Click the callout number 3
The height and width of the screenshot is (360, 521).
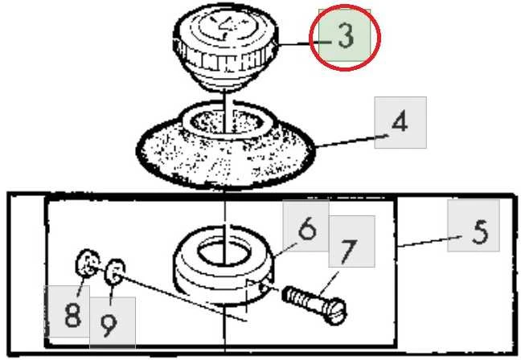pyautogui.click(x=346, y=36)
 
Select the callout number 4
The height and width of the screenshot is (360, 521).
pyautogui.click(x=400, y=121)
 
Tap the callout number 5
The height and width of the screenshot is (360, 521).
pyautogui.click(x=480, y=232)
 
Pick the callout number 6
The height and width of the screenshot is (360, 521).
pyautogui.click(x=307, y=228)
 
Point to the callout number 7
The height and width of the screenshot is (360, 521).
pyautogui.click(x=348, y=252)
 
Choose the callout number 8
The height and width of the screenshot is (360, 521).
pyautogui.click(x=73, y=315)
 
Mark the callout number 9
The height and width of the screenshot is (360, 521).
pyautogui.click(x=109, y=325)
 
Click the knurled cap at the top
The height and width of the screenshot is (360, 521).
pyautogui.click(x=225, y=47)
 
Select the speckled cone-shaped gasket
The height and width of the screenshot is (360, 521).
pyautogui.click(x=225, y=146)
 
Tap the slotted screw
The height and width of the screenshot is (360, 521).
pyautogui.click(x=314, y=305)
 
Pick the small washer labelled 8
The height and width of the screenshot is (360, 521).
pyautogui.click(x=88, y=263)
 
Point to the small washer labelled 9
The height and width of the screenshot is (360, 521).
pyautogui.click(x=115, y=272)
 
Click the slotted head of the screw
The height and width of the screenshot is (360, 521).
pyautogui.click(x=335, y=312)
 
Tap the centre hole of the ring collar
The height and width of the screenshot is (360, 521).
pyautogui.click(x=224, y=253)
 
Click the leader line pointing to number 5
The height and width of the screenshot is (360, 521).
pyautogui.click(x=429, y=241)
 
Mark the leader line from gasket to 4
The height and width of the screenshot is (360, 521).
pyautogui.click(x=351, y=141)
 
